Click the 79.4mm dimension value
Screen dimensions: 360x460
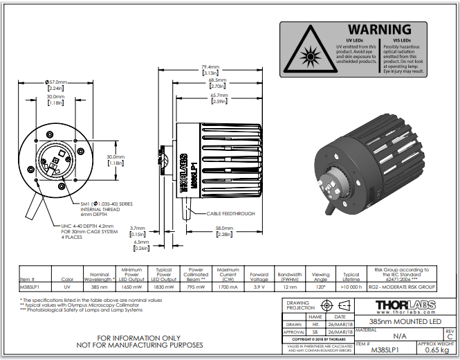(x=210, y=67)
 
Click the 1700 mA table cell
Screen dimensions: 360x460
(x=228, y=285)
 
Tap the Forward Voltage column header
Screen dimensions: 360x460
(x=259, y=276)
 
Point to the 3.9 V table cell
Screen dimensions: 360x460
(x=259, y=285)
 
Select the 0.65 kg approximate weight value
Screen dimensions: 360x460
(x=436, y=350)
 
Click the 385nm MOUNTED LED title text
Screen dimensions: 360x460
(x=405, y=322)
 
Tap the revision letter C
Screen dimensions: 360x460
(x=450, y=337)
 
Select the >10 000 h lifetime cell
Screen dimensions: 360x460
(x=351, y=285)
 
